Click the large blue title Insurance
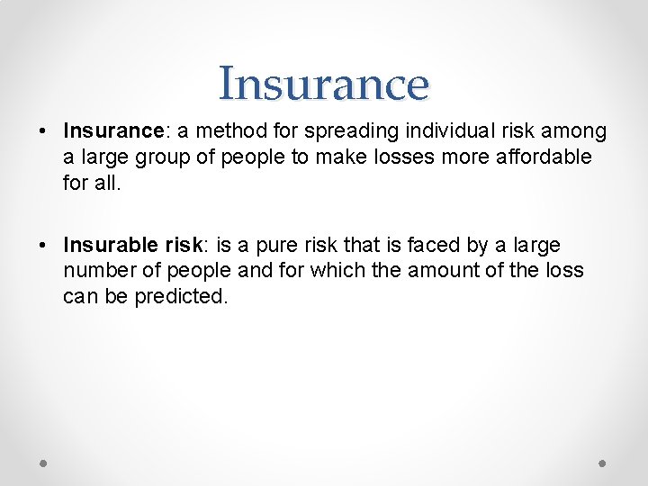tap(324, 84)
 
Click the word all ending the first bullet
tap(103, 182)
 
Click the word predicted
tap(181, 295)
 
